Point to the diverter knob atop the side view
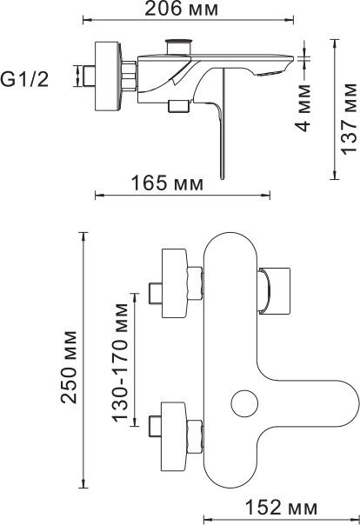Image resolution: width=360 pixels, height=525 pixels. point(182,44)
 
